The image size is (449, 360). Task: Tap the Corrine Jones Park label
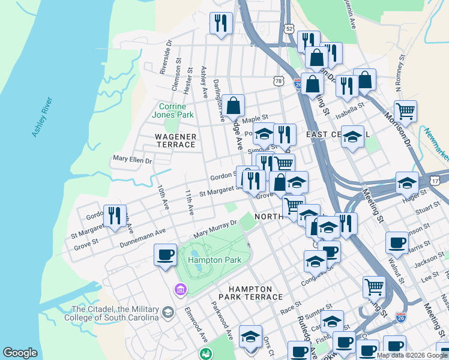click(x=172, y=110)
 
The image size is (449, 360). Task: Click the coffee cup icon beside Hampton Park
click(x=165, y=254)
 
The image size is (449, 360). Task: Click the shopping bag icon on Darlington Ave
click(x=234, y=106)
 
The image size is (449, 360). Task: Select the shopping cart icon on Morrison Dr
click(x=405, y=111)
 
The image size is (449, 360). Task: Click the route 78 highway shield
click(x=277, y=80)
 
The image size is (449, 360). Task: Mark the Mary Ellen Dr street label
click(x=132, y=160)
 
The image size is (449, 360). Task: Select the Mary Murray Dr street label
click(x=215, y=228)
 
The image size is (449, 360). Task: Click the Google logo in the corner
click(x=20, y=353)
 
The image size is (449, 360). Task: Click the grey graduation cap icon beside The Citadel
click(x=168, y=311)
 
